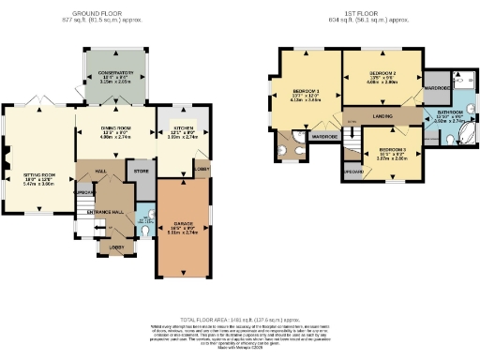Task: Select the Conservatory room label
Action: click(x=113, y=77)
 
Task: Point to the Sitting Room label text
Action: click(x=42, y=175)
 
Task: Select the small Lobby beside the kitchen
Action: click(x=202, y=169)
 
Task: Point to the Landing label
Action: click(x=381, y=116)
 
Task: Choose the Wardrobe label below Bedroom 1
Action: click(x=323, y=137)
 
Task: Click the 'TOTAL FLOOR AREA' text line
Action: click(x=239, y=319)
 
